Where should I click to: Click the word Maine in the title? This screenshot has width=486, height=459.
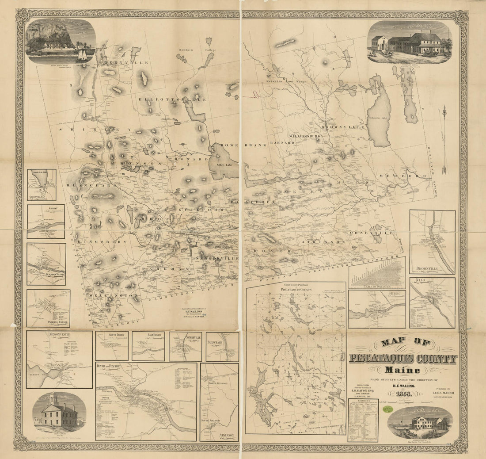pos(402,370)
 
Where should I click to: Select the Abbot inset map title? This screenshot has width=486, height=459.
pos(45,207)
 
